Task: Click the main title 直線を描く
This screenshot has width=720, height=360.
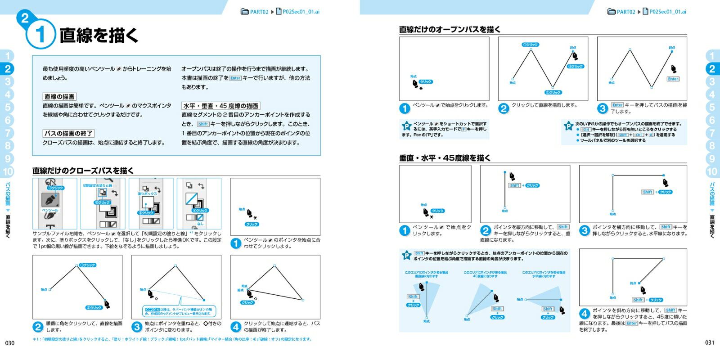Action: (99, 35)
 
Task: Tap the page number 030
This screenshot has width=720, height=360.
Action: (9, 343)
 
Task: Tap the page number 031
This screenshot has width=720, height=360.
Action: (710, 343)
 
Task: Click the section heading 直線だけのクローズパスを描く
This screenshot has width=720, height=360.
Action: (83, 171)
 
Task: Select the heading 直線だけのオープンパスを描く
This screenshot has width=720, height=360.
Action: (450, 30)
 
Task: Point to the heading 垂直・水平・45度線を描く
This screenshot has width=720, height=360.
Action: (445, 158)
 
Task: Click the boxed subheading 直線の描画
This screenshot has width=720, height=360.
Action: (59, 97)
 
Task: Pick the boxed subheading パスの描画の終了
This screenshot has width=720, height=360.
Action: (68, 134)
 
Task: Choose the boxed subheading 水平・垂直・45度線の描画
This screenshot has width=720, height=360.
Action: (220, 106)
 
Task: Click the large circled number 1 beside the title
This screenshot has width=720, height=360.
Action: (40, 35)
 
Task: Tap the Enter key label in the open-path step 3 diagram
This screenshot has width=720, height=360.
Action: (673, 79)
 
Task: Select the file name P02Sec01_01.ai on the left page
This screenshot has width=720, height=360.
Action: (301, 12)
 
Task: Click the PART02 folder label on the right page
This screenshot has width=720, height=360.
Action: (625, 12)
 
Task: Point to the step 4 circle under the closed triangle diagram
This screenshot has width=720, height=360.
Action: (236, 327)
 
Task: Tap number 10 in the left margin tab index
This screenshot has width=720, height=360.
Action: (8, 171)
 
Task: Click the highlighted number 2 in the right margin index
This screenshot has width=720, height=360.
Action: (712, 69)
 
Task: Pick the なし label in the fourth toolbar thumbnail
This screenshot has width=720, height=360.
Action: (200, 224)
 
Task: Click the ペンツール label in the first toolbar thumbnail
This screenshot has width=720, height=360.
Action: (50, 210)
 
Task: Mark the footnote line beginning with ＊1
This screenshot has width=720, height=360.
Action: (172, 339)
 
